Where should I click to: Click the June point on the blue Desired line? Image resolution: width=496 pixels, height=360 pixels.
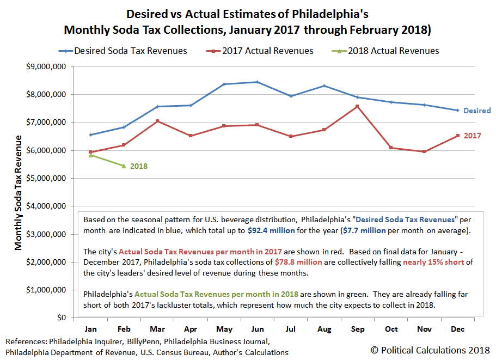[x=258, y=82]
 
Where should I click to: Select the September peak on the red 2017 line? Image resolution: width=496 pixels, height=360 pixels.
[x=357, y=106]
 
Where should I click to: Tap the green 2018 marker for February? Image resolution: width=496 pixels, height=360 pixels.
[x=124, y=166]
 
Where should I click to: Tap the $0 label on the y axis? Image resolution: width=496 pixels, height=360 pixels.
[x=60, y=318]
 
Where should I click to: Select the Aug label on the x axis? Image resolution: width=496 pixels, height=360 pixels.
[x=324, y=330]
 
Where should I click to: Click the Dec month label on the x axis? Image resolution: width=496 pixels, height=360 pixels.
[x=457, y=330]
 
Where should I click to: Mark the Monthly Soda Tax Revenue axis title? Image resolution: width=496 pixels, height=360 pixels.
[x=19, y=192]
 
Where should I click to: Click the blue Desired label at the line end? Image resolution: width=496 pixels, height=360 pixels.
[x=477, y=111]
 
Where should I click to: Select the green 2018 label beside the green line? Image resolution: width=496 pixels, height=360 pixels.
[x=138, y=166]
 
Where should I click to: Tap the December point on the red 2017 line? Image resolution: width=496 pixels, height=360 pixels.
[x=457, y=136]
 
